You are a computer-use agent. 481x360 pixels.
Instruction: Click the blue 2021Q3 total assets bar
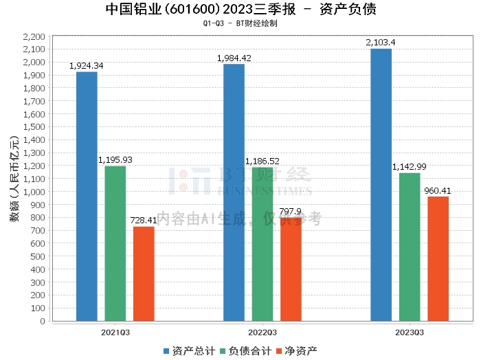[x=87, y=196]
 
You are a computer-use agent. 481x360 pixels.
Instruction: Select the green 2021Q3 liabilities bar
[x=115, y=243]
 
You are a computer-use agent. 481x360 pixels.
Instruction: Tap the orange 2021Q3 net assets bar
[x=144, y=273]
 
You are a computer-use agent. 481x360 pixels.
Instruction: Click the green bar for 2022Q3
[x=262, y=244]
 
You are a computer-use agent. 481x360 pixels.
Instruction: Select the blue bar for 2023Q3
[x=381, y=185]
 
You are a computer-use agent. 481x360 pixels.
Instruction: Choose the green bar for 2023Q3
[x=410, y=247]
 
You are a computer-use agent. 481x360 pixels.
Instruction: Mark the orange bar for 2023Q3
[x=438, y=258]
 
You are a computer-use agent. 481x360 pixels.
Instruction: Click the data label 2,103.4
[x=381, y=43]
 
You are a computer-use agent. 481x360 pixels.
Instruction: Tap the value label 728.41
[x=144, y=221]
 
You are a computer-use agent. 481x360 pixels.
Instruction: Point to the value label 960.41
[x=438, y=191]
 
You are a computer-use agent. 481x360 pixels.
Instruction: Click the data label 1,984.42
[x=234, y=58]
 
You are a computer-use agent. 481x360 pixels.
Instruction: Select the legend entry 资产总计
[x=186, y=351]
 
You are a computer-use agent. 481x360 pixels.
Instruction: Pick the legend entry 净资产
[x=297, y=351]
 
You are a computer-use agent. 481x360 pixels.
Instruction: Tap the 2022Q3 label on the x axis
[x=262, y=332]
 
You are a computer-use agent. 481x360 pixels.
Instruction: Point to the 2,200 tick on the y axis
[x=34, y=36]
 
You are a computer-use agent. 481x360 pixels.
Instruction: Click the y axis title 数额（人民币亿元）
[x=13, y=179]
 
